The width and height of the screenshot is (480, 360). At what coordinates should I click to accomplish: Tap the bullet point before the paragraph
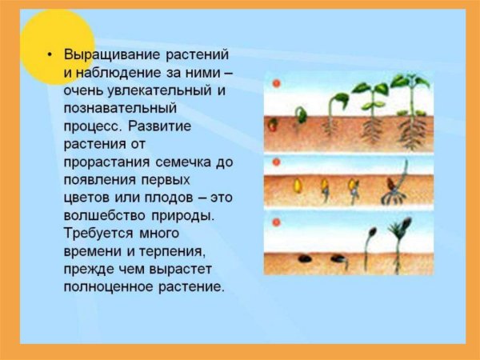tap(49, 54)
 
